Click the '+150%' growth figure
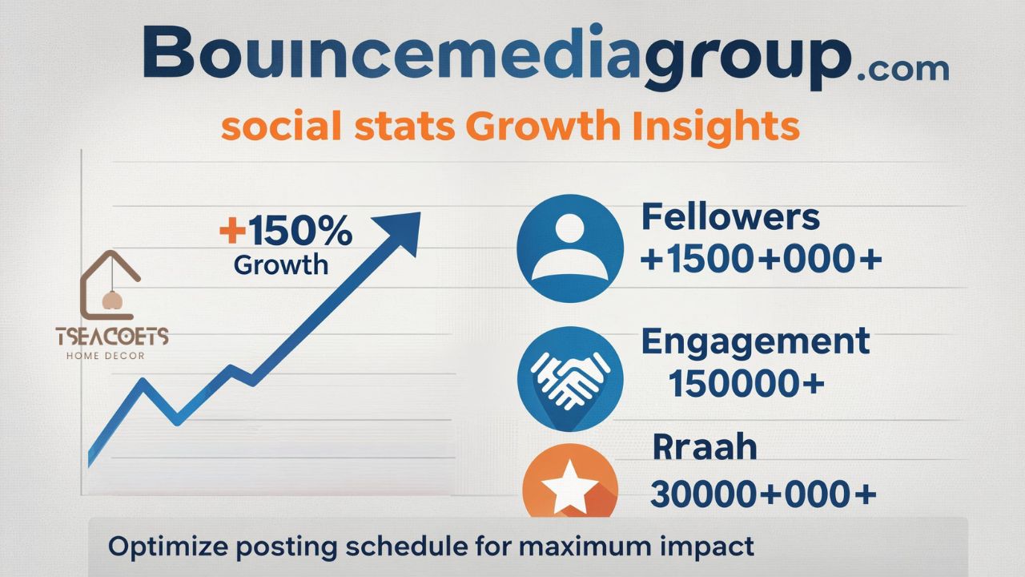[285, 232]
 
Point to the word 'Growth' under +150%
[281, 264]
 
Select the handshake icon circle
[569, 377]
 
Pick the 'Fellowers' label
[730, 217]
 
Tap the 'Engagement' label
[755, 341]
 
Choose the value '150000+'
[746, 385]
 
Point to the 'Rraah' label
[705, 447]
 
